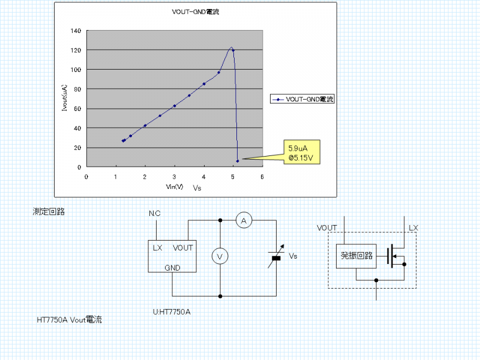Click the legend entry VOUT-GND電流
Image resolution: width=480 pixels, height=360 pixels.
tap(310, 98)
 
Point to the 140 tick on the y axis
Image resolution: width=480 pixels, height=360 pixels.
tap(76, 31)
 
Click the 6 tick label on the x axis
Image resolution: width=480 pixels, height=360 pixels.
tap(262, 176)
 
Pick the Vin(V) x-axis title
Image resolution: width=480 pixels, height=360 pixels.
tap(175, 187)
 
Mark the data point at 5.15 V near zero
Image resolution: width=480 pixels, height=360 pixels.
tap(238, 161)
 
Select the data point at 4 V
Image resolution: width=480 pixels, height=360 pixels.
tap(204, 84)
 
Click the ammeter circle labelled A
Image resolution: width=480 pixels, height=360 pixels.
tap(243, 221)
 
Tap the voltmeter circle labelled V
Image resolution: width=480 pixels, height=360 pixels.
tap(220, 257)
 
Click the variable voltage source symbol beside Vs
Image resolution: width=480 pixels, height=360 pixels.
tap(276, 257)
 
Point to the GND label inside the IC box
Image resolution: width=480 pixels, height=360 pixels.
tap(173, 268)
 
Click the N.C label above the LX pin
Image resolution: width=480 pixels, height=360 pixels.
tap(155, 214)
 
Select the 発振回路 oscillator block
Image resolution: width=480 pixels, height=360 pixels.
tap(356, 256)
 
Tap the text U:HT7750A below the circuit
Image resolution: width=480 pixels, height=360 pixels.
tap(172, 312)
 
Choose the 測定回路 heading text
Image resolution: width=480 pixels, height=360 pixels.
tap(49, 212)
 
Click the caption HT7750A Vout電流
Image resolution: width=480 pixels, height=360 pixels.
tap(70, 320)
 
